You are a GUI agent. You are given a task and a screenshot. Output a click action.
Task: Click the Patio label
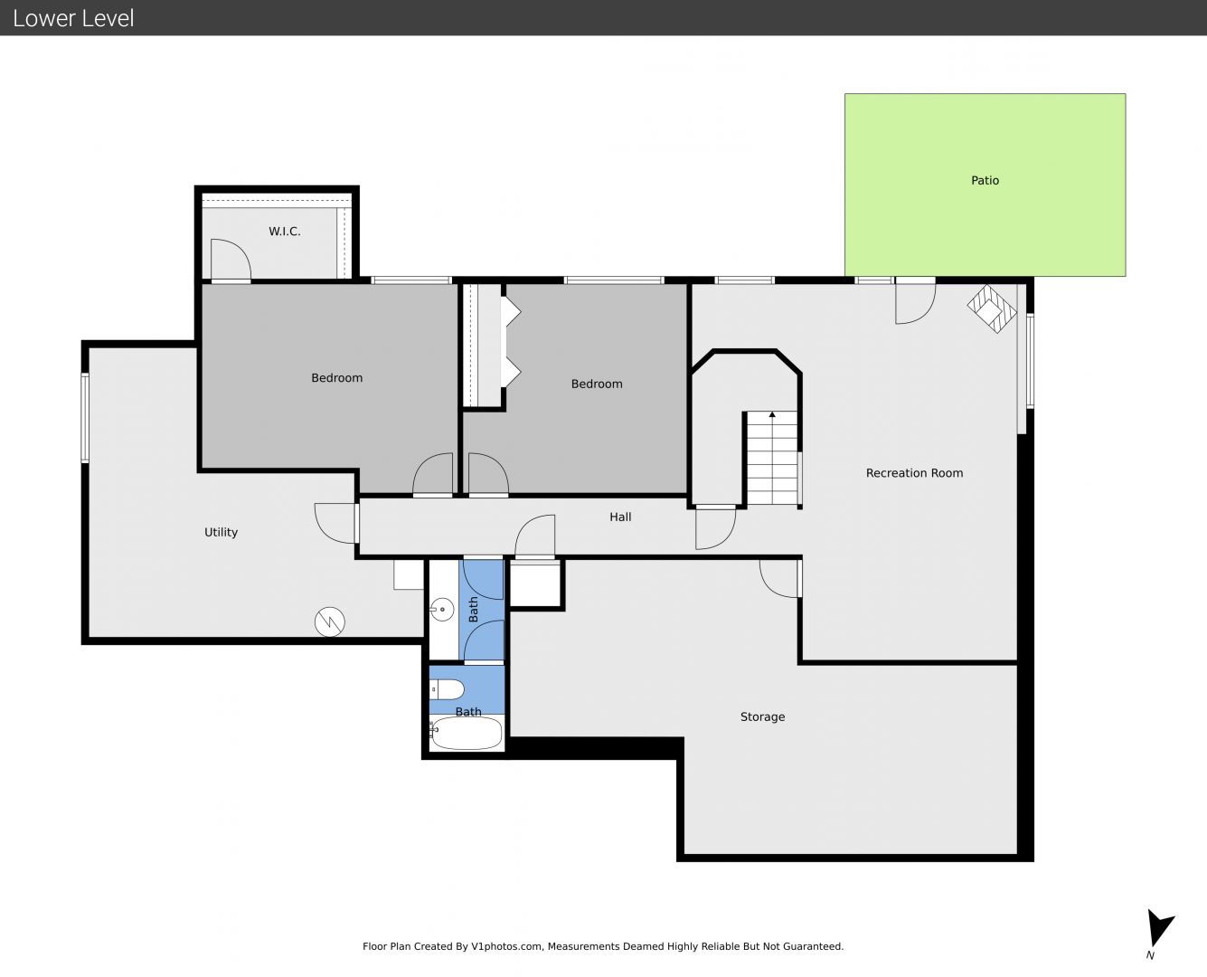pos(985,180)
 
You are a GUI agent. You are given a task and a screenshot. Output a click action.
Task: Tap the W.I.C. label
pos(285,232)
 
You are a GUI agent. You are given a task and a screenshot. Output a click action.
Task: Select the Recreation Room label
pos(914,473)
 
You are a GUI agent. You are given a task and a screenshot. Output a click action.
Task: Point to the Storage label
pos(762,716)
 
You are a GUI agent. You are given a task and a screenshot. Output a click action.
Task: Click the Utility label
pos(221,532)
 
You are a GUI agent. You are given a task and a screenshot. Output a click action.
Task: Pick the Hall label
pos(620,517)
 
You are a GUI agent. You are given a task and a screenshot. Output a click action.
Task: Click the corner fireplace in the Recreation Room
pos(992,308)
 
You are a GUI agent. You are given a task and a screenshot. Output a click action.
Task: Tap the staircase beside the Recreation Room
pos(772,458)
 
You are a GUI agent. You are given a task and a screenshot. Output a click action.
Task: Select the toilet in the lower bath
pos(448,689)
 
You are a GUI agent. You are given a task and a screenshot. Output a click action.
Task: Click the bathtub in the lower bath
pos(467,733)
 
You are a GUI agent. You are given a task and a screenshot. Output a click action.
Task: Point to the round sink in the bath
pos(442,610)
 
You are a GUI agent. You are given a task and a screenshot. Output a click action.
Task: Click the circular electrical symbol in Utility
pos(330,622)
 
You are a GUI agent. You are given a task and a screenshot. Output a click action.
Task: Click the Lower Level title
pos(73,18)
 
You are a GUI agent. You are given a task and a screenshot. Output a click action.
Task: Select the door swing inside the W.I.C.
pos(231,259)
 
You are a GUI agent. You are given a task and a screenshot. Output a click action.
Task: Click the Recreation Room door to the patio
pos(915,303)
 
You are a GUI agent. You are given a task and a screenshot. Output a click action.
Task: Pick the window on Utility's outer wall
pos(85,417)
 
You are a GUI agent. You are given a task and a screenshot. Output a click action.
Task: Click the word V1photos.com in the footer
pos(507,946)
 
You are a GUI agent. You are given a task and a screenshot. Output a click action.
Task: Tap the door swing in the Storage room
pos(779,578)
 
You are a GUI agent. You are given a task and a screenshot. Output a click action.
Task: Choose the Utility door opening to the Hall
pos(336,524)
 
